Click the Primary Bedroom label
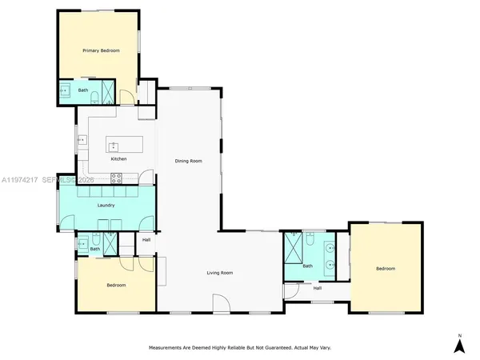102,50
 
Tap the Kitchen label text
118,159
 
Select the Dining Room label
189,161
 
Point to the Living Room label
220,273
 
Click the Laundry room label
106,206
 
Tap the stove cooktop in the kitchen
104,178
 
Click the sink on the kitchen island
113,146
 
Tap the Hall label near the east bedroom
317,288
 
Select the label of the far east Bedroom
386,269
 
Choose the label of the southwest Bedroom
116,285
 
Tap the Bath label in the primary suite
82,90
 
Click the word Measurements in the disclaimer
170,348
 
